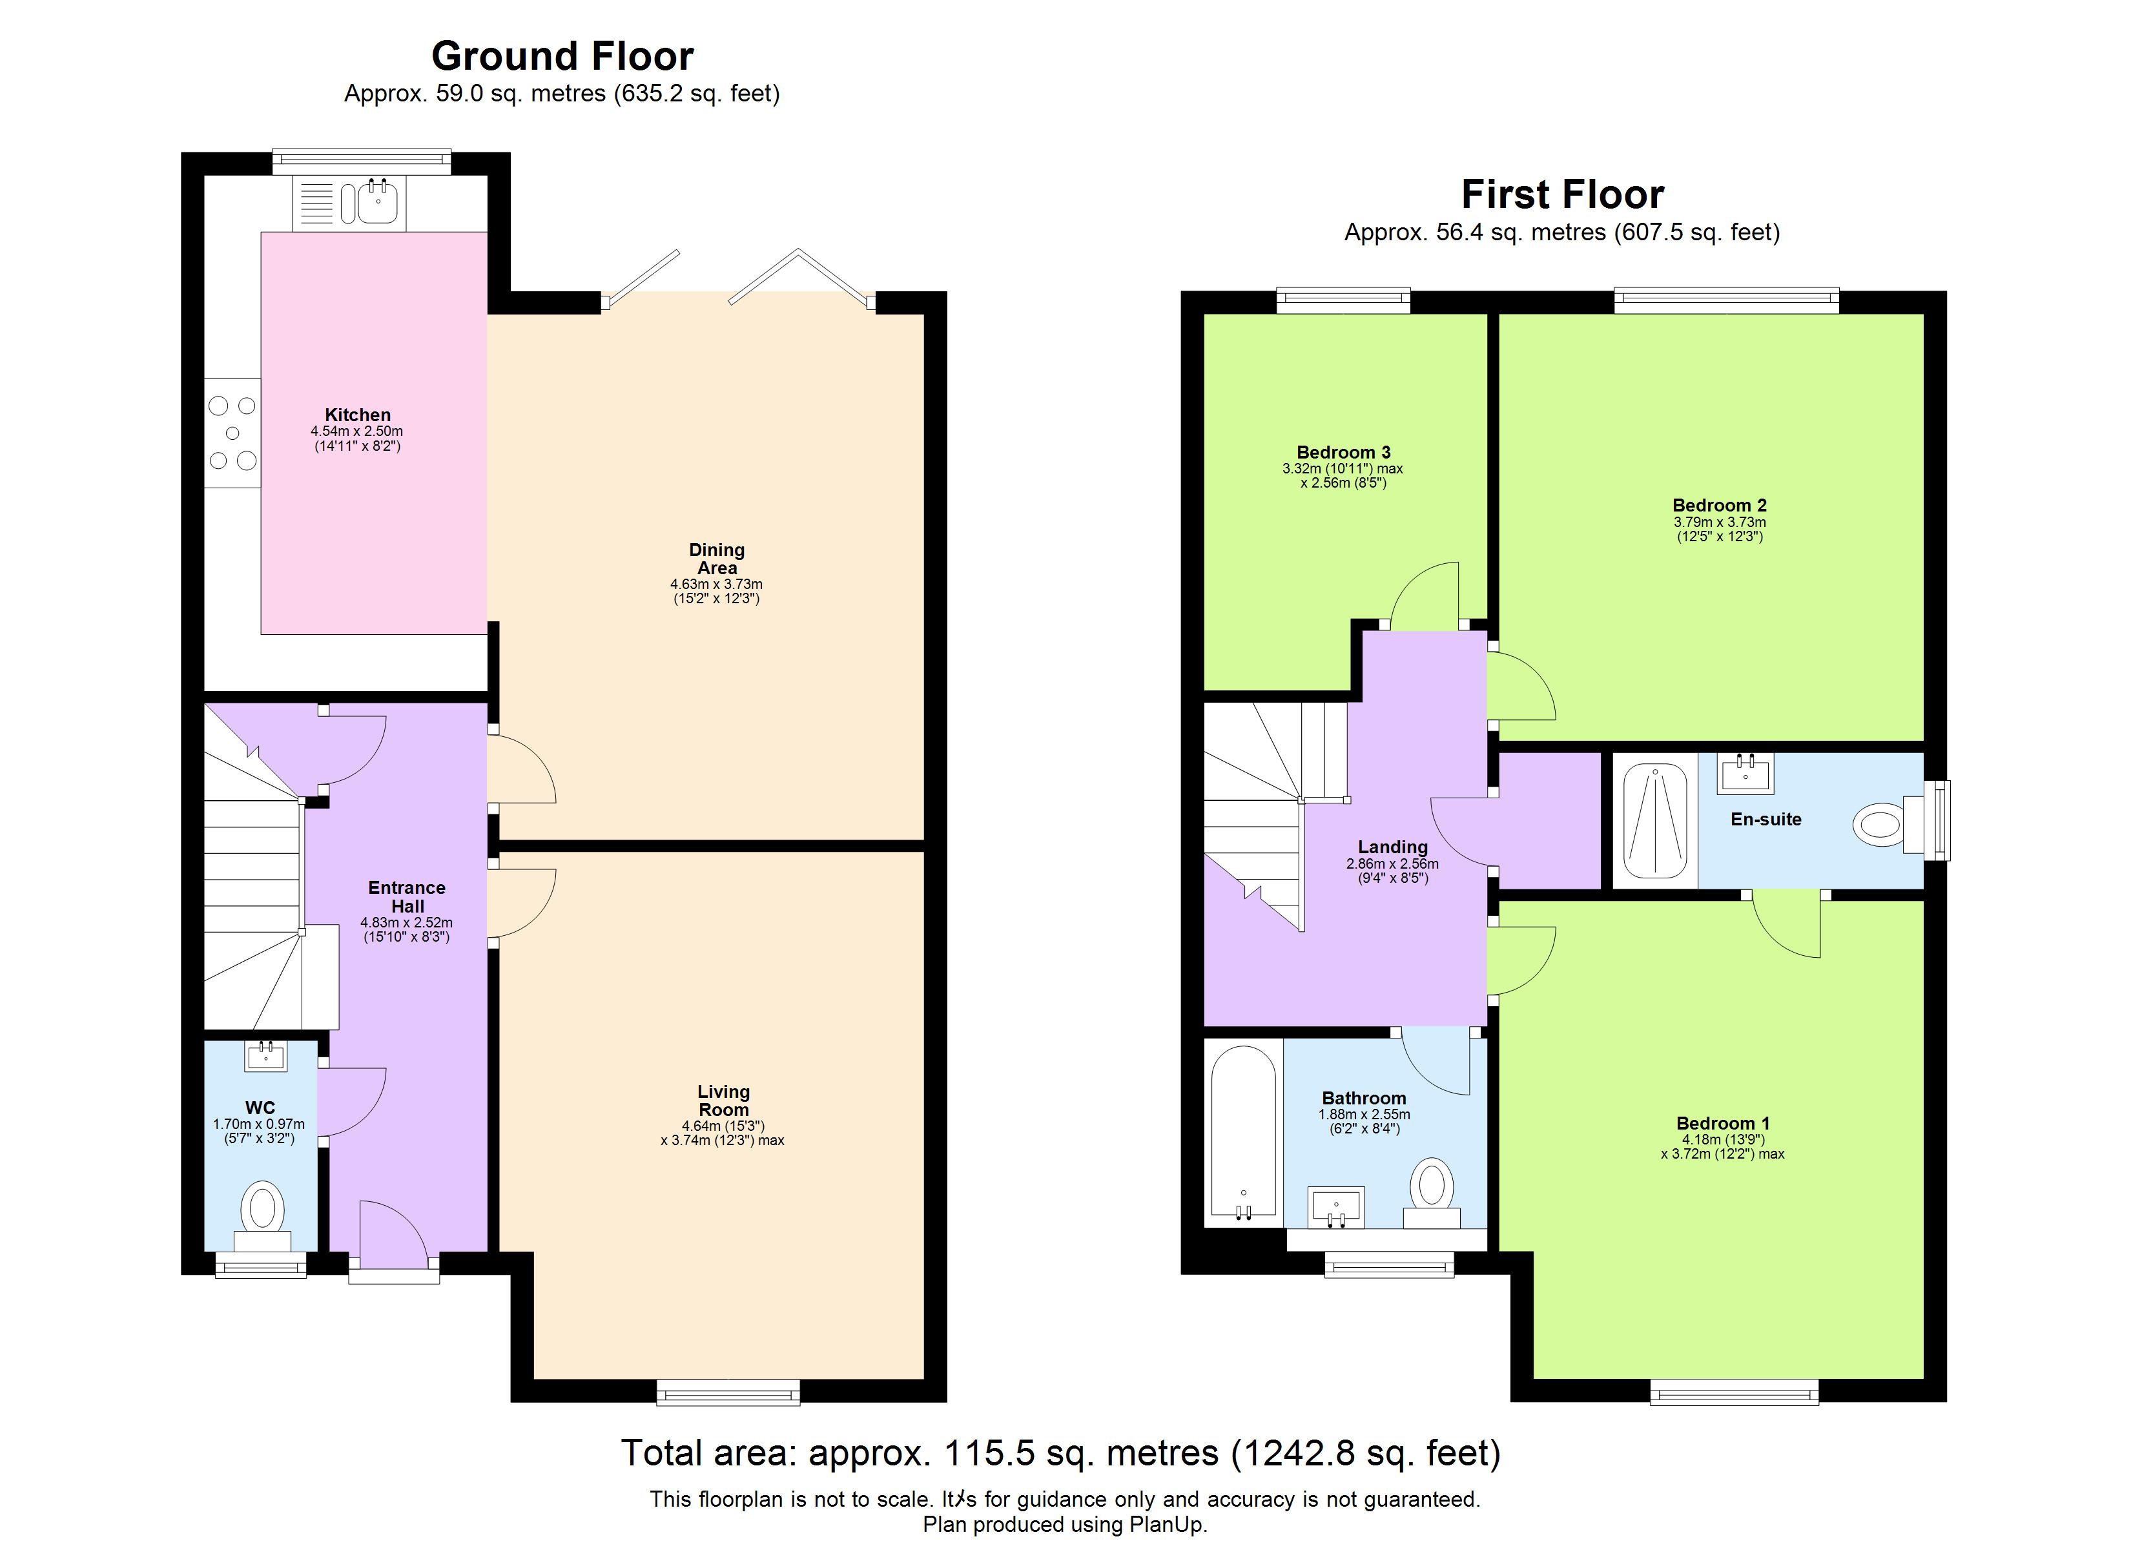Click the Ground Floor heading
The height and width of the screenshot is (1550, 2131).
tap(562, 56)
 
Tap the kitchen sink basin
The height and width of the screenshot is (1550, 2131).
tap(378, 202)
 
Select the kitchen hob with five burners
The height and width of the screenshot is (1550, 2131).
tap(232, 433)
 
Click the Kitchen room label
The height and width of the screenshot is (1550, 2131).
tap(357, 415)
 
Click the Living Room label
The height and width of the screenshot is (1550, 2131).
tap(723, 1100)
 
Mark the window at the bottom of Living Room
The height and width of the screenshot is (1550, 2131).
tap(728, 1392)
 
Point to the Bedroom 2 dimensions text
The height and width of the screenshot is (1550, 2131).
tap(1720, 529)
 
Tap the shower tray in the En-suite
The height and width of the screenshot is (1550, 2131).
tap(1654, 821)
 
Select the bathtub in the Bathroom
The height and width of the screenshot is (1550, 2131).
tap(1243, 1133)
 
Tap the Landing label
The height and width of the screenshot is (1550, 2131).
tap(1392, 847)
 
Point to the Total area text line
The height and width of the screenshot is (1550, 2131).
tap(1060, 1453)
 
